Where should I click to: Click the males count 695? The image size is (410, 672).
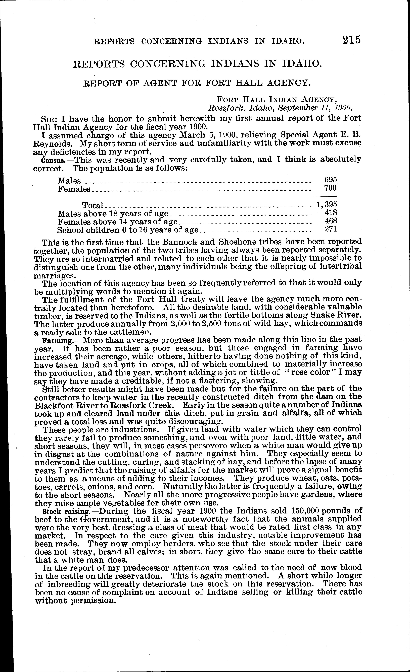[331, 179]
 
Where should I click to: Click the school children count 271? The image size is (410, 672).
[331, 229]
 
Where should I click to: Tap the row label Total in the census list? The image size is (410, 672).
[93, 205]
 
